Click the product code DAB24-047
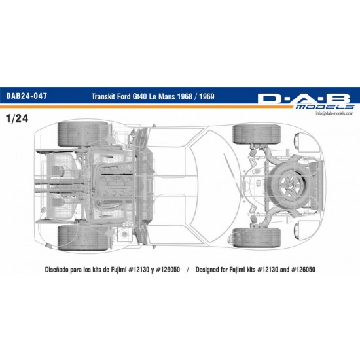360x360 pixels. (x=27, y=96)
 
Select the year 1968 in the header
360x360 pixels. (x=185, y=96)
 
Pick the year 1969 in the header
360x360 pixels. (x=207, y=96)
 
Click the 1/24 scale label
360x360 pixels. (x=18, y=118)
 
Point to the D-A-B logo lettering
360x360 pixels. (x=304, y=99)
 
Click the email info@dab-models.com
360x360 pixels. (x=334, y=113)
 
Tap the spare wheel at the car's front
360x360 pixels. (x=289, y=181)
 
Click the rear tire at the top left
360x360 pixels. (x=83, y=134)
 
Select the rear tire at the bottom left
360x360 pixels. (x=83, y=238)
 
